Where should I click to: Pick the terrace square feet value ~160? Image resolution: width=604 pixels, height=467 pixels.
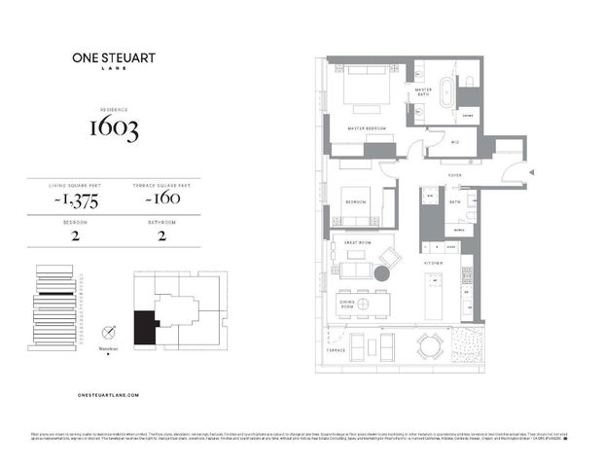pyautogui.click(x=150, y=202)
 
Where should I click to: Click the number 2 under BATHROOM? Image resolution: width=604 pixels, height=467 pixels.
pyautogui.click(x=149, y=234)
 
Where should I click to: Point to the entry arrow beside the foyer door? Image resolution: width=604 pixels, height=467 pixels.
pyautogui.click(x=530, y=174)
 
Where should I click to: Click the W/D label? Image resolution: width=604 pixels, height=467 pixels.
pyautogui.click(x=454, y=143)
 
